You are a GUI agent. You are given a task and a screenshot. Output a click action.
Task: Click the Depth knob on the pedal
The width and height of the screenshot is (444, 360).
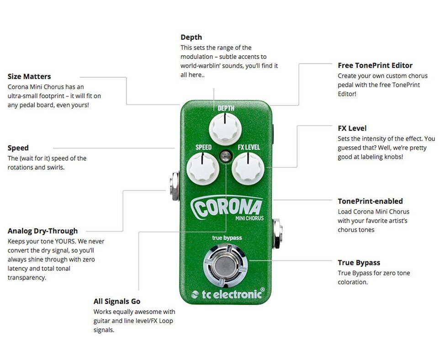click(x=225, y=128)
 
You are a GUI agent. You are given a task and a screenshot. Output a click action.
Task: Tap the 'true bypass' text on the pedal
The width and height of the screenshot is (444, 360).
click(x=227, y=238)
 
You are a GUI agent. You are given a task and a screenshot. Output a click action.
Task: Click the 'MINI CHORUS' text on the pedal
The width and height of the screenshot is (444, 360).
click(x=249, y=218)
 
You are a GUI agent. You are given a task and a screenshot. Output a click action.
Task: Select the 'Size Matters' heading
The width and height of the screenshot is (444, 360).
click(x=29, y=76)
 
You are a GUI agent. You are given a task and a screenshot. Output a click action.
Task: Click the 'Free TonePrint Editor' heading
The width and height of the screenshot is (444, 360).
click(x=375, y=65)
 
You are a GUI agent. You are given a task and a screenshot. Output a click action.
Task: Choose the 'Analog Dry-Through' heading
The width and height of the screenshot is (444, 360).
click(x=42, y=231)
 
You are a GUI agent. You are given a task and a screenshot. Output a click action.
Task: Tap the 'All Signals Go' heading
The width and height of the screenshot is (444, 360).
click(x=117, y=301)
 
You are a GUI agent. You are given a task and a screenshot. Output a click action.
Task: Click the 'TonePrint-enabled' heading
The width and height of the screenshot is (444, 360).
click(x=370, y=201)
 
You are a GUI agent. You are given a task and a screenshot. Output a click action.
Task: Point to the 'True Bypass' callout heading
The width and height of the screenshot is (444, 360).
click(x=359, y=263)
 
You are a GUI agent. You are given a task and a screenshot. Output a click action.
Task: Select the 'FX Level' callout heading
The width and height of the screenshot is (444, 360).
click(x=352, y=128)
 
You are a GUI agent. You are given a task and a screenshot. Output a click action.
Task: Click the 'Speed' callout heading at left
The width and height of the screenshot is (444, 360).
click(x=18, y=148)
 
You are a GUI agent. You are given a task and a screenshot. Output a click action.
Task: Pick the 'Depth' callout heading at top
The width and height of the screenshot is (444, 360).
click(x=191, y=37)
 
